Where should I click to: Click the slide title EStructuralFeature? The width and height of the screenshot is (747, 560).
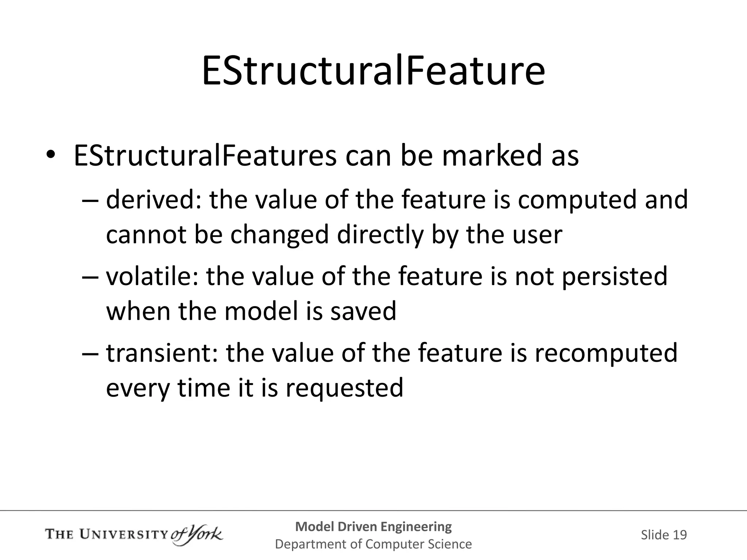(x=373, y=71)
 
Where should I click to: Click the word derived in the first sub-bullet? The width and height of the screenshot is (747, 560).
(x=153, y=200)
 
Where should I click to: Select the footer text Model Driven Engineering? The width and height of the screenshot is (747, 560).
(x=373, y=526)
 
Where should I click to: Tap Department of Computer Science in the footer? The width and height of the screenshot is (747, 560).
(x=373, y=544)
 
